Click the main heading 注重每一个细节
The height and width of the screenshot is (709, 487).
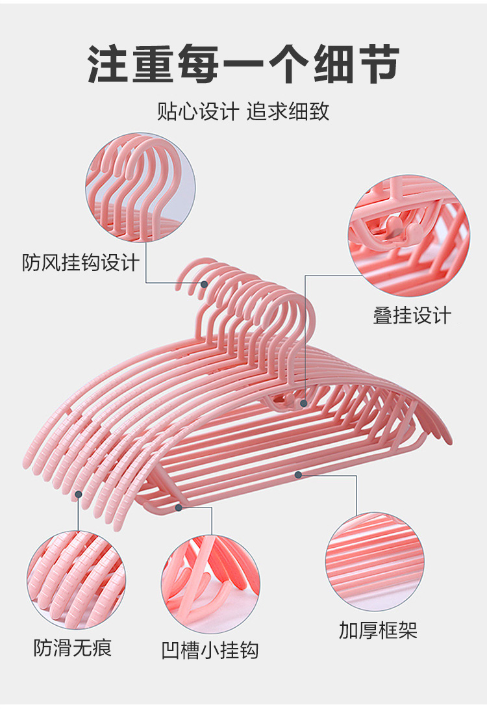[x=243, y=64]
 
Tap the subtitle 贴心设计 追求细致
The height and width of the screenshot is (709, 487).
[x=243, y=111]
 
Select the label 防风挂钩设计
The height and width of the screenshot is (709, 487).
[x=81, y=263]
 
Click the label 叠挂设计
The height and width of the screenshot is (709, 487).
[x=412, y=316]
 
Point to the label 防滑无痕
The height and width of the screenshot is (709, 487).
[x=73, y=647]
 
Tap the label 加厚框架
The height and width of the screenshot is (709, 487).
[x=378, y=630]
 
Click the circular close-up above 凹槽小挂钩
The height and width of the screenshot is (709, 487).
[x=210, y=582]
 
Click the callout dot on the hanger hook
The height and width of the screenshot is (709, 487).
[x=204, y=284]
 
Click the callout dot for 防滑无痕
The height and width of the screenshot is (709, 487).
[x=78, y=494]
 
